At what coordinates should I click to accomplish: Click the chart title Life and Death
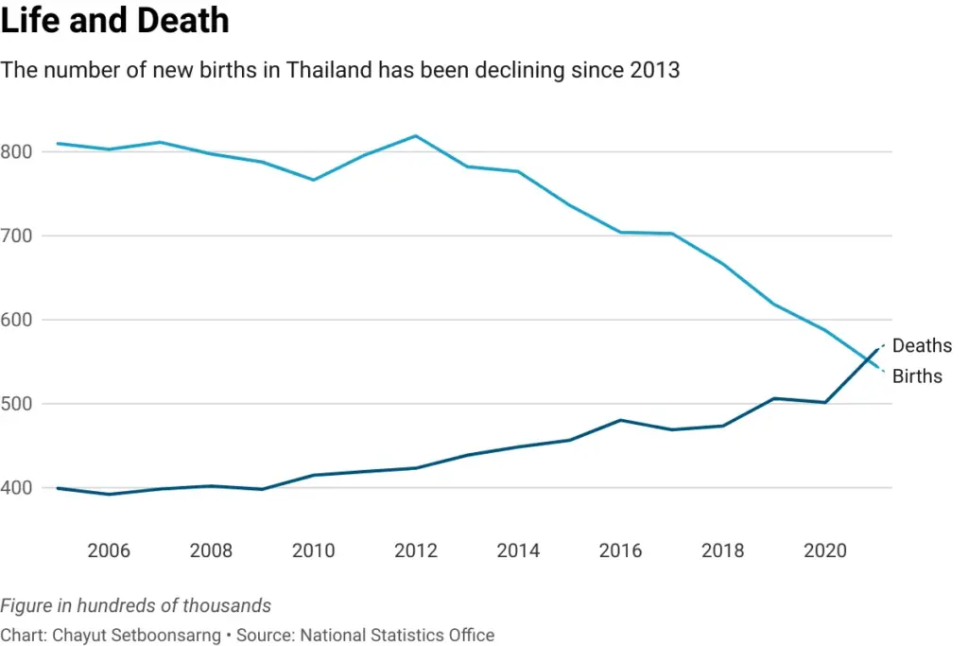[114, 20]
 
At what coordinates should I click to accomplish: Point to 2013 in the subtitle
[654, 70]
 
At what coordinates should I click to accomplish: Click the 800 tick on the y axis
[17, 151]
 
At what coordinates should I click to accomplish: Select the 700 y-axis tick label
[17, 236]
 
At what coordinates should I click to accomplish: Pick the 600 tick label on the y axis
[17, 320]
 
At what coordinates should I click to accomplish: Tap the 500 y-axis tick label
[17, 404]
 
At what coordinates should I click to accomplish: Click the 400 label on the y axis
[17, 488]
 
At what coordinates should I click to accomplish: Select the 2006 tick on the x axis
[109, 550]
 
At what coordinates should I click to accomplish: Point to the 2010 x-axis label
[313, 550]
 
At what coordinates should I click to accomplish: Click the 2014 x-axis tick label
[518, 550]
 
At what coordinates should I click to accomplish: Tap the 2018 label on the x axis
[722, 550]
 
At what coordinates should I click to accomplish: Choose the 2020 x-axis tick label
[825, 550]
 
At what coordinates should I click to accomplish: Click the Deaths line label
[922, 346]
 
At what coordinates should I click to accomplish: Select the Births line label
[917, 376]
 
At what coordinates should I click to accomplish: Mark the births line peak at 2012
[416, 136]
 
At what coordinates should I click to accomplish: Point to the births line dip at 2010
[313, 180]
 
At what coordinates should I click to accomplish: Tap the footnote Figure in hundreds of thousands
[136, 605]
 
